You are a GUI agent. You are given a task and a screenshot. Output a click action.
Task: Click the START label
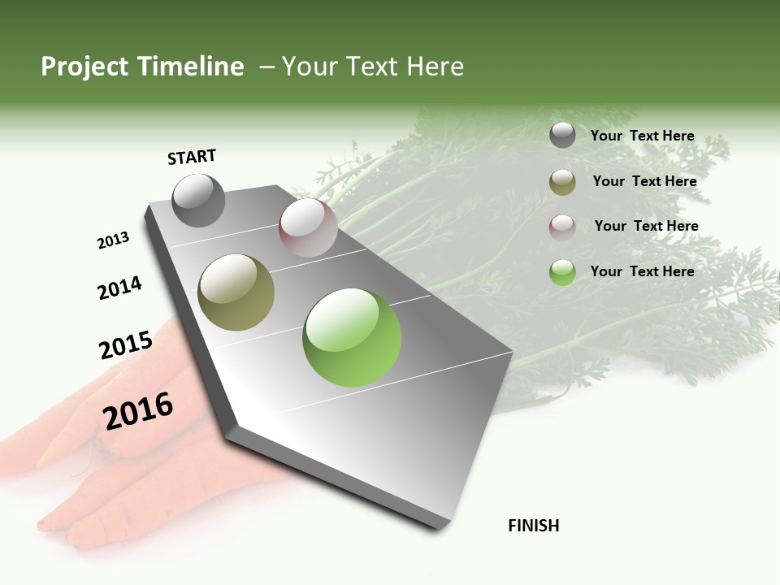tap(192, 157)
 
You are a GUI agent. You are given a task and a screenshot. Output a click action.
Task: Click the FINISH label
tap(534, 526)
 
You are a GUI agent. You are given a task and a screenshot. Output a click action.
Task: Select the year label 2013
tap(113, 240)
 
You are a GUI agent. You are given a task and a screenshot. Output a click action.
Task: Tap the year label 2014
tap(119, 288)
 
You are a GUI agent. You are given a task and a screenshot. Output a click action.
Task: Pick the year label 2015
tap(126, 345)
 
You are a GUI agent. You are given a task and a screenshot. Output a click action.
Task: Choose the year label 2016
tap(138, 411)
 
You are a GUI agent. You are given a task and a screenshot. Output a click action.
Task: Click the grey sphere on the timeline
tap(198, 200)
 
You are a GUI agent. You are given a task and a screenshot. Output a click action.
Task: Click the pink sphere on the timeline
tap(308, 227)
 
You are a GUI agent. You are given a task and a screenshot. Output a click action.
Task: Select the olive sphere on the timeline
tap(236, 292)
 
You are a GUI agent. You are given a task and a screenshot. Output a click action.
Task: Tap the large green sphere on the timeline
tap(352, 337)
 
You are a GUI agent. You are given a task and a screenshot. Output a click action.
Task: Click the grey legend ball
tap(562, 136)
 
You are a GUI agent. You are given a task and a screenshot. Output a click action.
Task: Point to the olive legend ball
tap(562, 182)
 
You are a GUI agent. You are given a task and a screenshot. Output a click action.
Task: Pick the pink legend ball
tap(562, 227)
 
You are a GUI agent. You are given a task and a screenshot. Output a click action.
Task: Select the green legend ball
tap(562, 272)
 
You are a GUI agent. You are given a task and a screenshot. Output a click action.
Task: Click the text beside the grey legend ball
tap(642, 136)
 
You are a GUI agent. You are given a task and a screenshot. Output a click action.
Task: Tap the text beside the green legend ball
tap(642, 271)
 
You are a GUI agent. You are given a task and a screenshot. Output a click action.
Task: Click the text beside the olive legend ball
tap(644, 181)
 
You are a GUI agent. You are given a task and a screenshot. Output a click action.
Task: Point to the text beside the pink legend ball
tap(646, 226)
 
